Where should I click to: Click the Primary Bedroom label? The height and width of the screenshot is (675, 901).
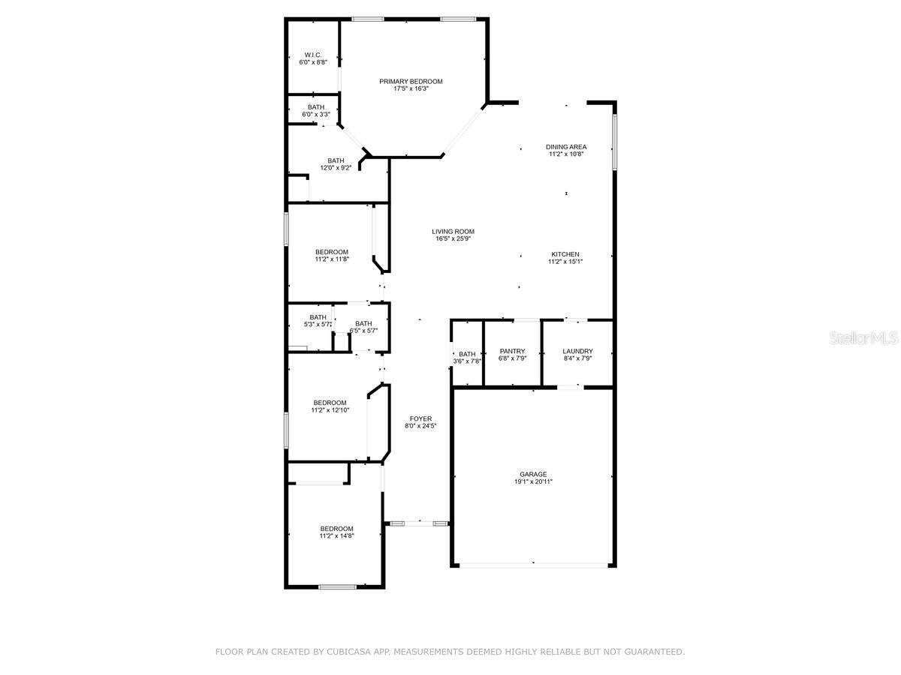click(x=411, y=82)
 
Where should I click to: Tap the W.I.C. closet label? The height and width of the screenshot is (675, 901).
click(x=313, y=55)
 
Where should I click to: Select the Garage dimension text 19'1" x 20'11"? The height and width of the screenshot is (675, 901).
click(x=533, y=481)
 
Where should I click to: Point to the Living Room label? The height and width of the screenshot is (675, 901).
click(x=453, y=232)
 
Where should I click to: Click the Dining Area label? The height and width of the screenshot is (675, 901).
click(x=566, y=147)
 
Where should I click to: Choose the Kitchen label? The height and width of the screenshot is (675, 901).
click(x=565, y=254)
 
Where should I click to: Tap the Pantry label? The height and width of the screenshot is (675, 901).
click(x=512, y=351)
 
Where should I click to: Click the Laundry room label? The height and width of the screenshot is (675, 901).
click(x=577, y=351)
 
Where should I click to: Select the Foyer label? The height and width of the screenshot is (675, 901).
click(x=420, y=418)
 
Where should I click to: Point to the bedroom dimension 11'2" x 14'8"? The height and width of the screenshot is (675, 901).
click(x=336, y=535)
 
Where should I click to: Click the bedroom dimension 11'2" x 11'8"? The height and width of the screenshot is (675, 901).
click(x=332, y=259)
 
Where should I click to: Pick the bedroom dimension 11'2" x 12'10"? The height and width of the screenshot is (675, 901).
click(x=330, y=409)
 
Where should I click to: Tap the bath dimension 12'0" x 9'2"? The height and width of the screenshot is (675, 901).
click(x=336, y=167)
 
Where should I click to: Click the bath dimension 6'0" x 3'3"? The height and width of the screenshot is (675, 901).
click(x=316, y=114)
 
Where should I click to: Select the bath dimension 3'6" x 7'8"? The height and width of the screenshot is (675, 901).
click(x=467, y=361)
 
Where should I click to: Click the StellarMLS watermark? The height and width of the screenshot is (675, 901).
click(x=863, y=338)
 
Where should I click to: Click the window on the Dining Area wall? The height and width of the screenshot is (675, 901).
click(x=614, y=142)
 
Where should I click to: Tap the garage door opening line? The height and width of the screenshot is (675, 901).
click(x=533, y=565)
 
